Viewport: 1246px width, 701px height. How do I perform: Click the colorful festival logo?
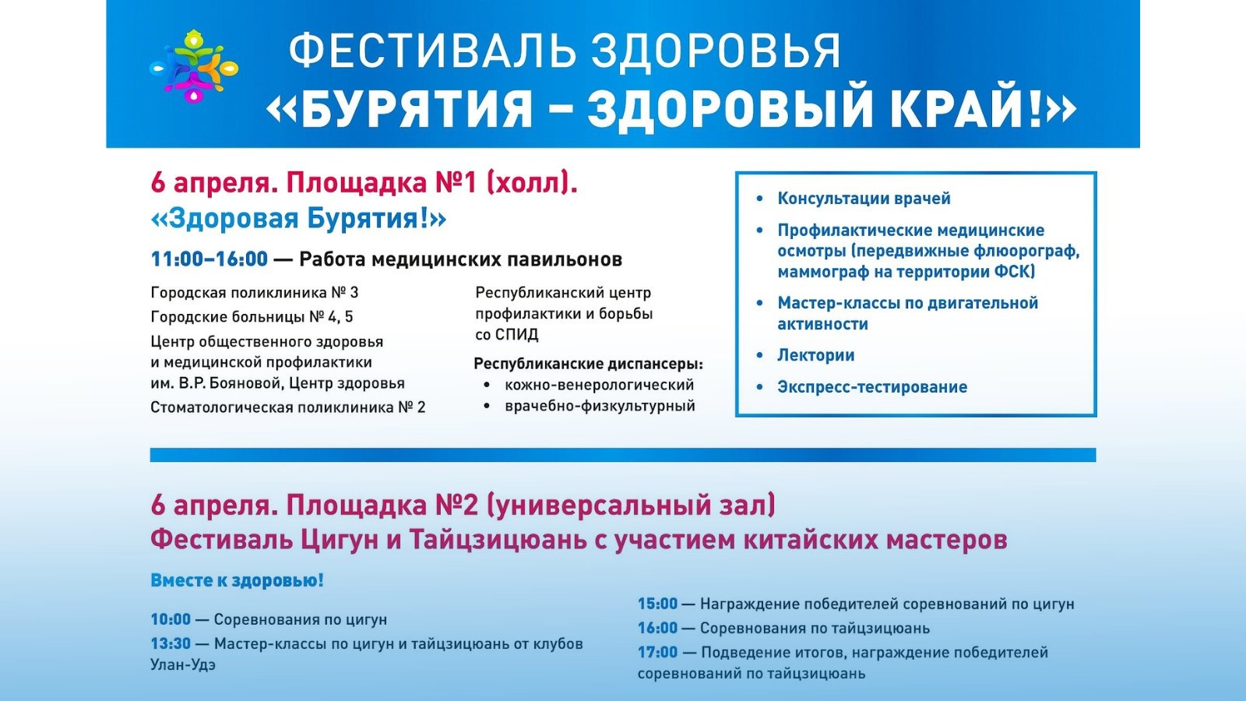(194, 66)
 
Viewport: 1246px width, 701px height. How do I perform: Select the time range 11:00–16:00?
(209, 259)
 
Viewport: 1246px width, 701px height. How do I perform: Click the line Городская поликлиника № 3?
(254, 293)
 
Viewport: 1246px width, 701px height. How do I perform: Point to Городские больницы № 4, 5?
(252, 317)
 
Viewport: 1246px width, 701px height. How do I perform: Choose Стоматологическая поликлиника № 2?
(287, 408)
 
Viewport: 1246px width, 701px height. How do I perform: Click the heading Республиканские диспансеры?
(589, 365)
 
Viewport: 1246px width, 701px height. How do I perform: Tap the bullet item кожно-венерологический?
(599, 385)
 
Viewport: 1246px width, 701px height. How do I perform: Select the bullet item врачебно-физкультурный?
(600, 406)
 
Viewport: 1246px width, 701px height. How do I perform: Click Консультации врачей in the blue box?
(864, 199)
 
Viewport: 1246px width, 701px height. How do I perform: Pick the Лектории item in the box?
(815, 355)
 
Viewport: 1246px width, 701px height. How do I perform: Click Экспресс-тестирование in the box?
(872, 387)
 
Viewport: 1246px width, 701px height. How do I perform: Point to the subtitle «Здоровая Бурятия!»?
(298, 219)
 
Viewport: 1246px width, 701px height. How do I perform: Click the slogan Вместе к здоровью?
(237, 581)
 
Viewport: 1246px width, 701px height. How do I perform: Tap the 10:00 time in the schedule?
(171, 619)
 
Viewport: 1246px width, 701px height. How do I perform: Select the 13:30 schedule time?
(171, 643)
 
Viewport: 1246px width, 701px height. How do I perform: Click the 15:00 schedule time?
(657, 604)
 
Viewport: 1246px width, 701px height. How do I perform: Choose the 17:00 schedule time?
(657, 652)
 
